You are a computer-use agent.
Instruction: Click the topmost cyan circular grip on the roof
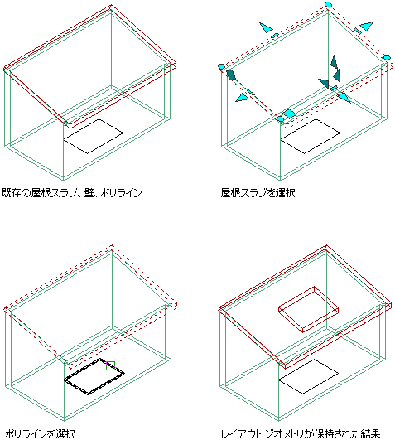328,4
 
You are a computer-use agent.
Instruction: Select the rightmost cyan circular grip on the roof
387,57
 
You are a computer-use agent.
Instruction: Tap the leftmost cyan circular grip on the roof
221,66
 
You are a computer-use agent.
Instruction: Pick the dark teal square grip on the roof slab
231,75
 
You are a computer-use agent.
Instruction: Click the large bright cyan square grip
289,114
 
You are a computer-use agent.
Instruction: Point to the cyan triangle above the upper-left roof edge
266,28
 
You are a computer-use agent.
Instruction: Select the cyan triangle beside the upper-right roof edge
367,26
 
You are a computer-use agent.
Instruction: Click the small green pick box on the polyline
110,365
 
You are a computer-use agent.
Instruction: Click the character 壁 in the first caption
89,193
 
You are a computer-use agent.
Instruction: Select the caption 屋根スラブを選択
258,193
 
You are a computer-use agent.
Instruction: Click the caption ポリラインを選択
40,434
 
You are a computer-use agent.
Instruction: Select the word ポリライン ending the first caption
122,193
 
